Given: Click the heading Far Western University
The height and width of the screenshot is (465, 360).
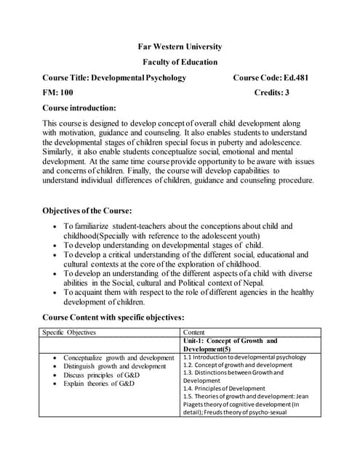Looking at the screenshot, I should [180, 46].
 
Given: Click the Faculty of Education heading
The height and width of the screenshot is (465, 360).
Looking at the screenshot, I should [180, 62].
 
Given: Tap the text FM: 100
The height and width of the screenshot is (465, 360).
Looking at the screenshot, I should [58, 93].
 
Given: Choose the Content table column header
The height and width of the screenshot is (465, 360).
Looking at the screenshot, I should [194, 332].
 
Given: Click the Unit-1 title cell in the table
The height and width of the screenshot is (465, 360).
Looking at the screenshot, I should [230, 344].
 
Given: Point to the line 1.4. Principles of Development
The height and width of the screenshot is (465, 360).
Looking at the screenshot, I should [224, 389].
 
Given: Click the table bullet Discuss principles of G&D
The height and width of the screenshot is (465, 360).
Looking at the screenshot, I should [100, 375].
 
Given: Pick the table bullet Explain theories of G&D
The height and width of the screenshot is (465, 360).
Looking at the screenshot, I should [99, 383].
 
